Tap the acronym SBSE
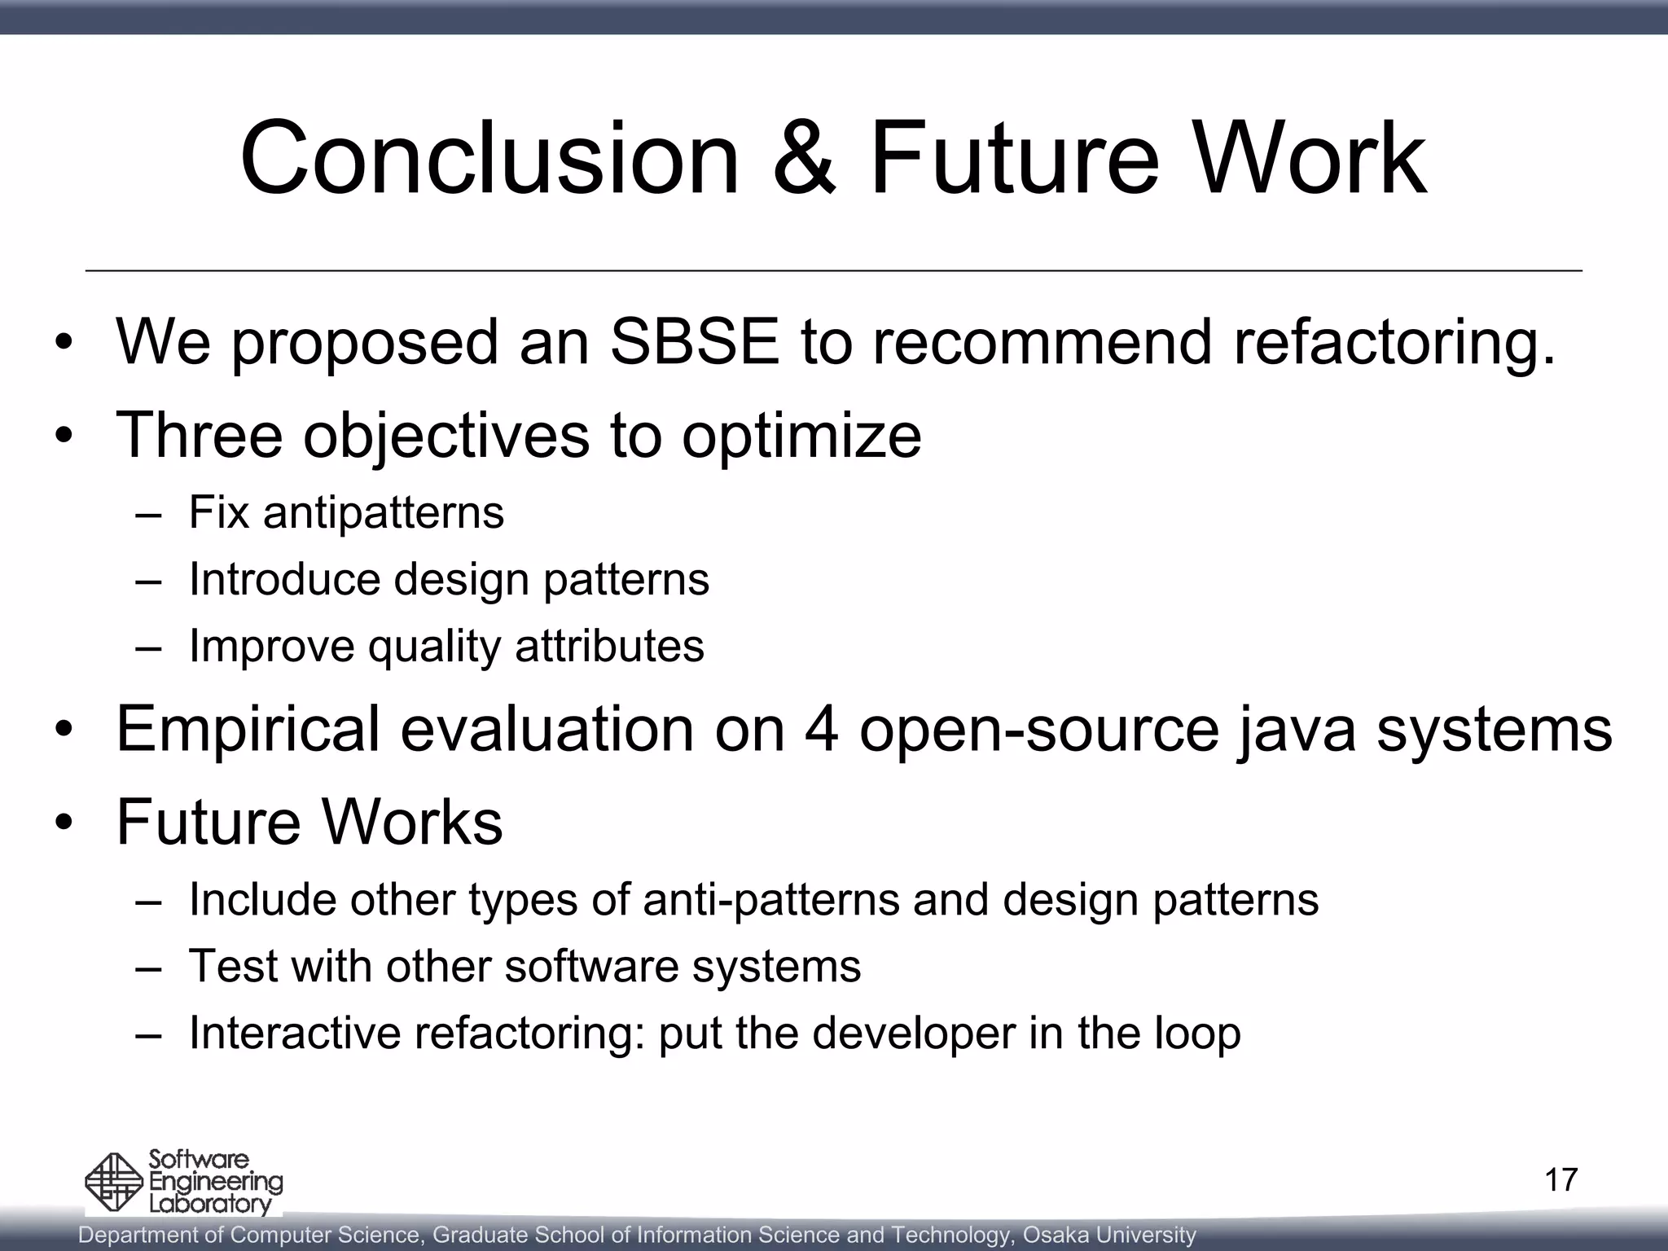pyautogui.click(x=694, y=342)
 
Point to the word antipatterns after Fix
pyautogui.click(x=383, y=513)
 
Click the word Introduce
pyautogui.click(x=284, y=580)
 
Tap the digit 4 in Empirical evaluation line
pyautogui.click(x=821, y=728)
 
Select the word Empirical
pyautogui.click(x=248, y=730)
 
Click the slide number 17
pyautogui.click(x=1560, y=1180)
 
